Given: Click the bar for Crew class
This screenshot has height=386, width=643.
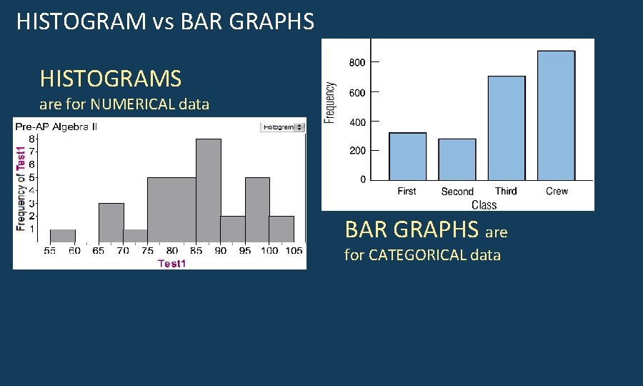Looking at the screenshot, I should (556, 115).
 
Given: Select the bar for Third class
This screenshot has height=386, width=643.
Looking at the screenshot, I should (507, 128).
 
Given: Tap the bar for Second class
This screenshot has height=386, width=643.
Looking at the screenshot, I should (457, 159).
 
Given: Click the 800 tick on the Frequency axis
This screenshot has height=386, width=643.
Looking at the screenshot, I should (357, 63).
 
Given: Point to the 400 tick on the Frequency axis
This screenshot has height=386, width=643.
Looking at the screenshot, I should (357, 122).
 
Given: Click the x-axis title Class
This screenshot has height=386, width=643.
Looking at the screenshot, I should (484, 205).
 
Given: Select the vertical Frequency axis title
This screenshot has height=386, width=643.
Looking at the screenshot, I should (329, 102).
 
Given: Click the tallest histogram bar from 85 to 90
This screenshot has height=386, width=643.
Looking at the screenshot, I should (209, 190).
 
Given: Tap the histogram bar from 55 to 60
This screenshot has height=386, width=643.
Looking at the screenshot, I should (63, 236).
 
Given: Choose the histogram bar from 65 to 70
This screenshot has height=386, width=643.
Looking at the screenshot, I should (111, 222).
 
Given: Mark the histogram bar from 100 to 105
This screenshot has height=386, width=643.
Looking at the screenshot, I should (281, 229).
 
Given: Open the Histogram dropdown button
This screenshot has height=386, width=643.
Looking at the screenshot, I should (282, 127).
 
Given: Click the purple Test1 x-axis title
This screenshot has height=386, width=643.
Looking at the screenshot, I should (171, 264).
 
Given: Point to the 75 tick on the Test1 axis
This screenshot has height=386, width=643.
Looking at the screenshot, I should (147, 251).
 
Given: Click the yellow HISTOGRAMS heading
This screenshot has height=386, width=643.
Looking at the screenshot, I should (111, 78).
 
